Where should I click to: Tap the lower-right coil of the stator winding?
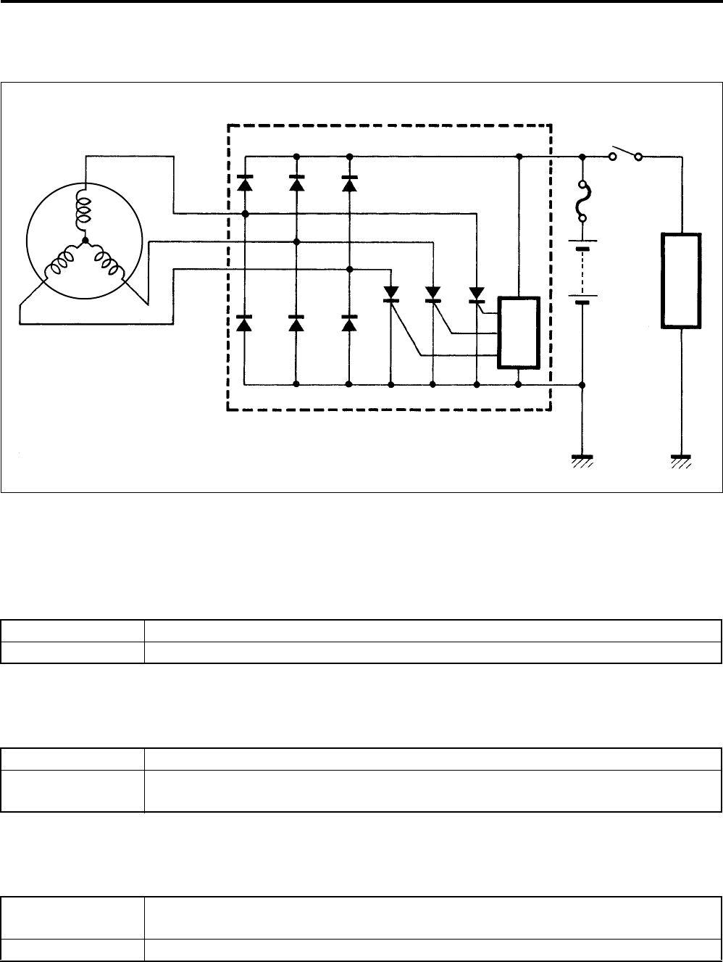coord(106,262)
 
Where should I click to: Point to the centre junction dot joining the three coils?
coord(85,240)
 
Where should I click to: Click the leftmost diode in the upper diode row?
coord(245,183)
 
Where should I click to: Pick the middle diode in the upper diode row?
coord(296,183)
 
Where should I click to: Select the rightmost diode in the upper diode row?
coord(349,183)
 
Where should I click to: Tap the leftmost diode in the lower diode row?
coord(245,323)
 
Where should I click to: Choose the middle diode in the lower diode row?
coord(296,323)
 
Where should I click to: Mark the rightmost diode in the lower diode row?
coord(349,323)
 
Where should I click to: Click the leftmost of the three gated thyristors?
coord(391,294)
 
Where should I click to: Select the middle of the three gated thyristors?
coord(433,294)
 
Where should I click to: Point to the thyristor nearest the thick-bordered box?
coord(477,294)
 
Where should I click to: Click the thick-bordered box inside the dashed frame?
coord(519,333)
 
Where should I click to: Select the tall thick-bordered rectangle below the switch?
coord(681,280)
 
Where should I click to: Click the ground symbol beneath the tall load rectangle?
coord(681,460)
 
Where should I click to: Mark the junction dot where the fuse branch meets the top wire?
coord(582,156)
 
